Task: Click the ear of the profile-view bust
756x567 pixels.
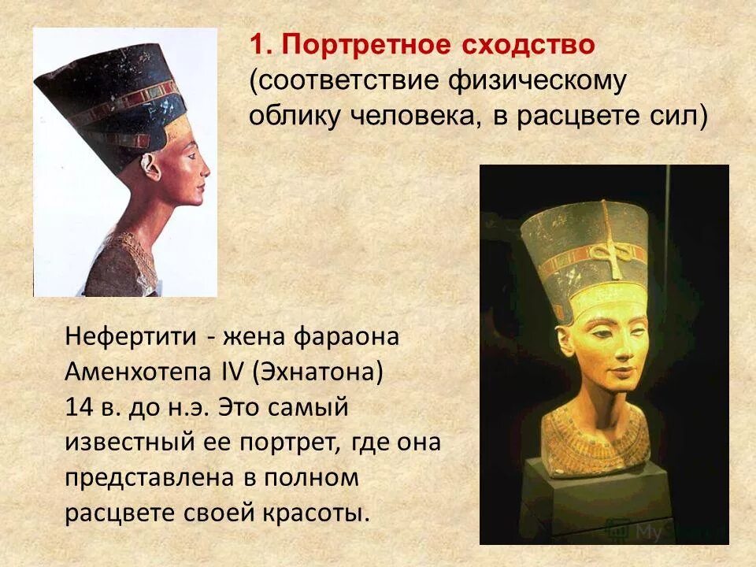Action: click(x=149, y=164)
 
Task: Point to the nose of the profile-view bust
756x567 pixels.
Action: click(x=206, y=172)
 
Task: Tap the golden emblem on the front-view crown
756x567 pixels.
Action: click(x=604, y=254)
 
